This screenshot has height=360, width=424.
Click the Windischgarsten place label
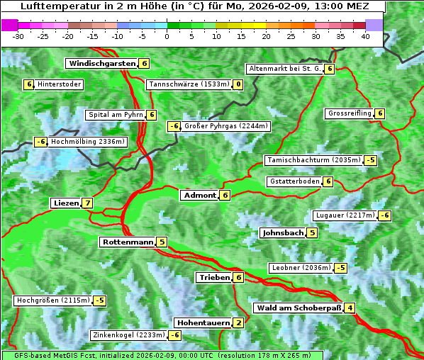click(x=101, y=63)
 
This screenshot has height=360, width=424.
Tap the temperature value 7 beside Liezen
click(x=87, y=203)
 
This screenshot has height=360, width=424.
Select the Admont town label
click(x=199, y=195)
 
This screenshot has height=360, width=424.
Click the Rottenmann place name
click(x=128, y=242)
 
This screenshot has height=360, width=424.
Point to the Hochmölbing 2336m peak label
click(x=87, y=142)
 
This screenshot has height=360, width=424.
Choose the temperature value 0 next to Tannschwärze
click(x=238, y=84)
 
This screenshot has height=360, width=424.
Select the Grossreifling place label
click(x=350, y=113)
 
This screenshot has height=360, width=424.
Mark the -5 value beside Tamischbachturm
click(x=371, y=160)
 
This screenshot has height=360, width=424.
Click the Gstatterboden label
click(x=294, y=181)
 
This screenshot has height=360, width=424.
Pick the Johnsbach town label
click(x=283, y=232)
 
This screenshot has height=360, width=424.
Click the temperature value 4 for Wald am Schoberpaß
click(x=350, y=308)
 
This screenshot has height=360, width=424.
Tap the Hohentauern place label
click(x=203, y=323)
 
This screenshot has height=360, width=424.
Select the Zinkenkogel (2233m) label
click(x=128, y=335)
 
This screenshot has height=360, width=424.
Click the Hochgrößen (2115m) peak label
click(x=53, y=300)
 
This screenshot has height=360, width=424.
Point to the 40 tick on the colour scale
click(x=365, y=36)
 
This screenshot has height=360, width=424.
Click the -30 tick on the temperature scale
click(x=18, y=36)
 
